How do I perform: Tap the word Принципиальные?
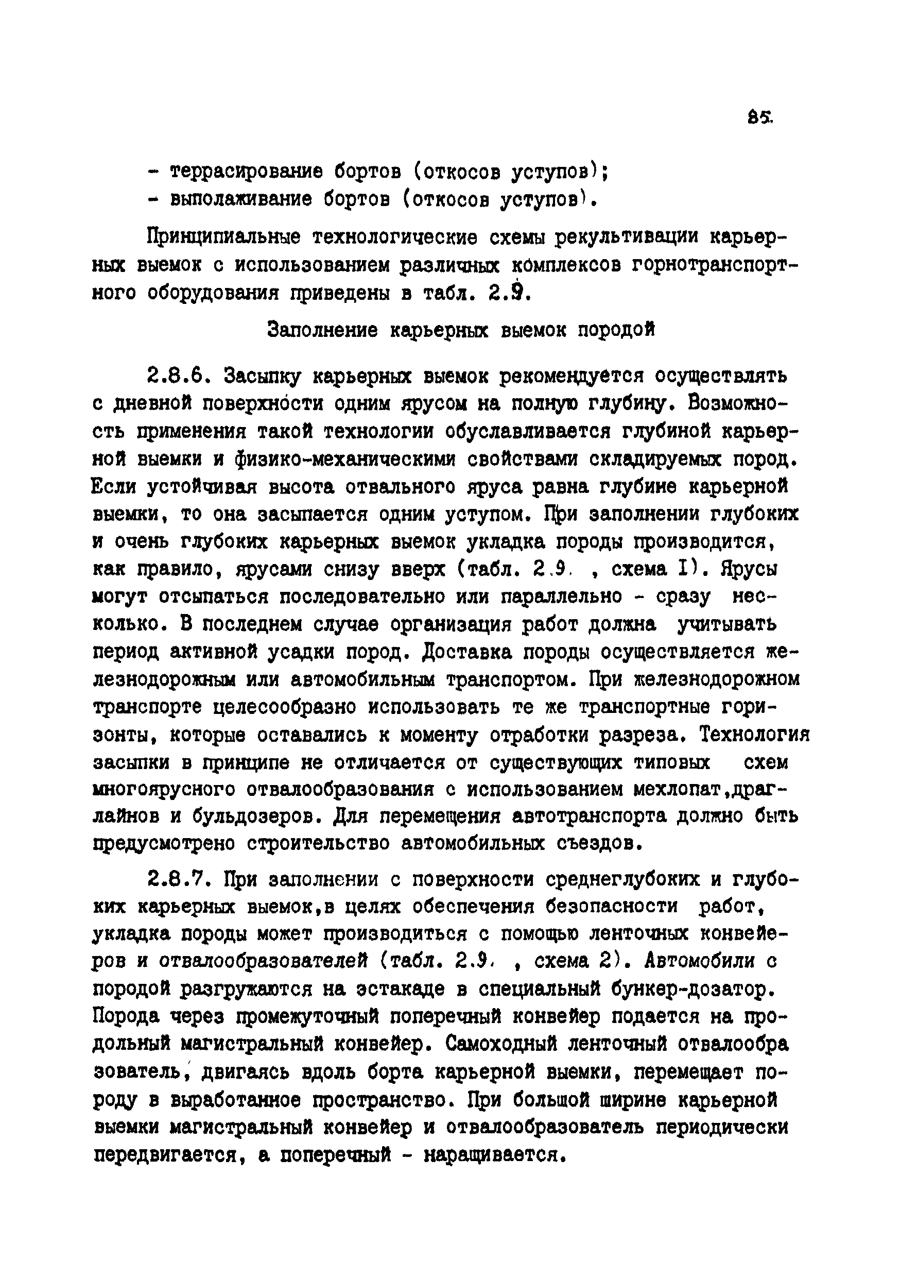pyautogui.click(x=223, y=237)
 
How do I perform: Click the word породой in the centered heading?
pyautogui.click(x=616, y=330)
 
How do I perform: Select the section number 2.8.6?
pyautogui.click(x=180, y=377)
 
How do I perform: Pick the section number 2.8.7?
pyautogui.click(x=180, y=880)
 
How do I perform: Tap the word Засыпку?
pyautogui.click(x=262, y=378)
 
